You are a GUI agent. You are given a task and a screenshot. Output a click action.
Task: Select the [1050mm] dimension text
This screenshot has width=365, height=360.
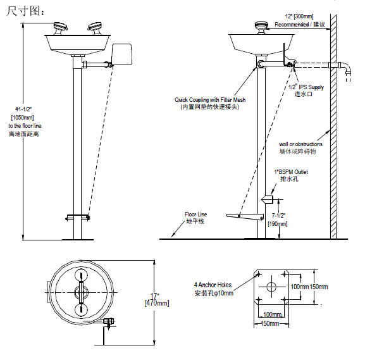23,118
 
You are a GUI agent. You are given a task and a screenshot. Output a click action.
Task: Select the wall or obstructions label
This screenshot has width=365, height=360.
300,144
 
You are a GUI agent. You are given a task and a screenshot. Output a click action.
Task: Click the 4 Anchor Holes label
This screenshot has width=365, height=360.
214,285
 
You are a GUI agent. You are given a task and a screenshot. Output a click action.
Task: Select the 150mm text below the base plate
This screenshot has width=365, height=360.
270,324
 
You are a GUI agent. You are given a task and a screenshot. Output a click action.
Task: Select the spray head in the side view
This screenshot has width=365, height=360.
260,27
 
